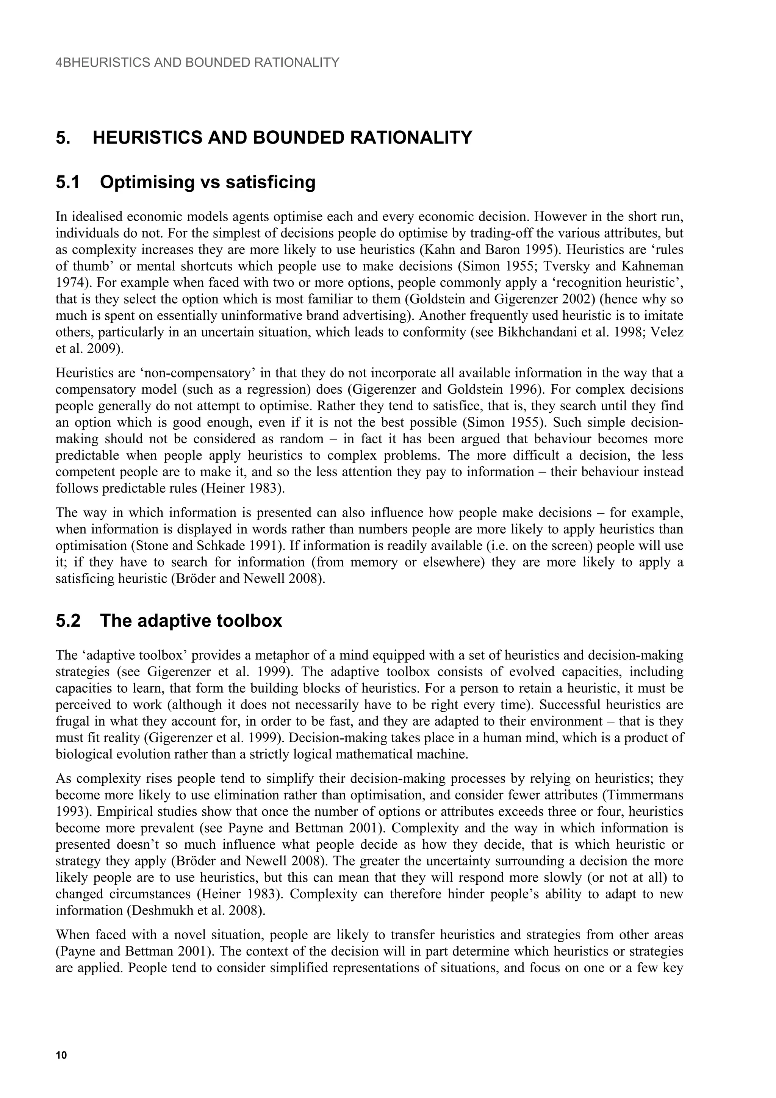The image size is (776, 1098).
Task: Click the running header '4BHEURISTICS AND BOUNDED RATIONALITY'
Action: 197,63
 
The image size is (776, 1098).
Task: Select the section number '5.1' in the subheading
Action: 68,182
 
